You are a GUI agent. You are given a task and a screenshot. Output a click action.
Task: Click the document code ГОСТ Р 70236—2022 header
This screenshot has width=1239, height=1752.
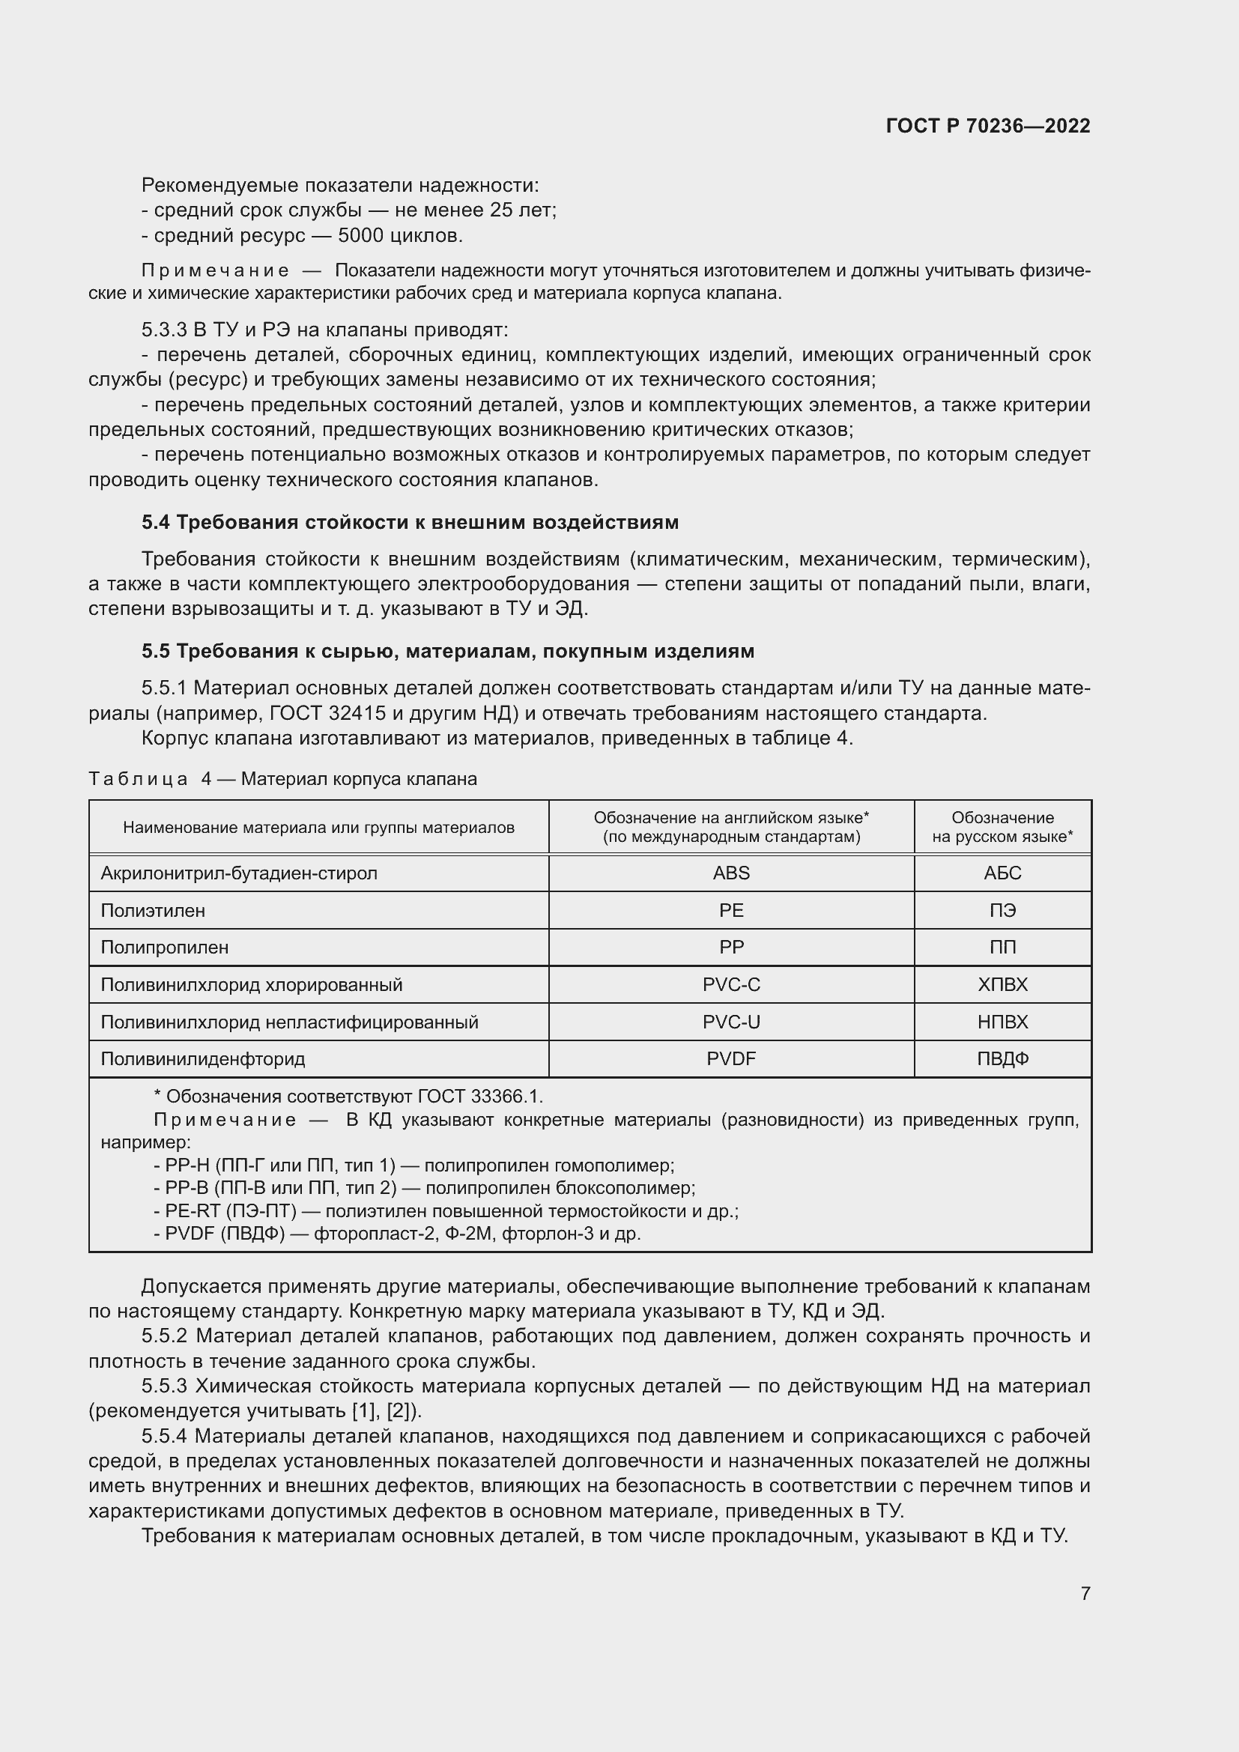(988, 126)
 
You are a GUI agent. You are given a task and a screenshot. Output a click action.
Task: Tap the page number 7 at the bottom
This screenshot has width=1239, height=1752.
(1085, 1593)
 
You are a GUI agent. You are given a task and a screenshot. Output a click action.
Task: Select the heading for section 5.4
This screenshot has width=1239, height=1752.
(410, 522)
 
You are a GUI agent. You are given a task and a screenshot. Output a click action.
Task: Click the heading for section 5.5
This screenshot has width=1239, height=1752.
(448, 651)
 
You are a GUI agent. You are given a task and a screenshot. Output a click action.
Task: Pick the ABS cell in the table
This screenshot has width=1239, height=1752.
(731, 873)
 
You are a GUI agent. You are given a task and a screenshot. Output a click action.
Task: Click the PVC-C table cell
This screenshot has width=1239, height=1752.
(731, 984)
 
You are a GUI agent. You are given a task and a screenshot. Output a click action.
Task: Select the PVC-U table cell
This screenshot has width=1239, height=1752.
(731, 1022)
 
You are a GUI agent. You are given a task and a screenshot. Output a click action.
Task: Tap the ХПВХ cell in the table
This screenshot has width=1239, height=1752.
(1002, 984)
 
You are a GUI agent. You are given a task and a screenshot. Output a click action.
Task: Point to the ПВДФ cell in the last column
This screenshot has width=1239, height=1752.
(1002, 1059)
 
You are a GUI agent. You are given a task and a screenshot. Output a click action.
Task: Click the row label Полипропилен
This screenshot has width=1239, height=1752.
(165, 947)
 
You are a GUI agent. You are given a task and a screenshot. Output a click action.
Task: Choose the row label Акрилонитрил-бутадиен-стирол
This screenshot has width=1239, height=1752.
(239, 873)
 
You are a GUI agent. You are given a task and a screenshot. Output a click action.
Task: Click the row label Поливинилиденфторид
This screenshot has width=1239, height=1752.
(203, 1059)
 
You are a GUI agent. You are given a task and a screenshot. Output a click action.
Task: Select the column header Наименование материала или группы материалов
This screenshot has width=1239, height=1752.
(319, 827)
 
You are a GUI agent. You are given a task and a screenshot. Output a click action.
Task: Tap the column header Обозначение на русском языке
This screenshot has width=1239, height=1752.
(1002, 827)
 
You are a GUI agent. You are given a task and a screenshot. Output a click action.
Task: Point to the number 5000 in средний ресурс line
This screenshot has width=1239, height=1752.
(361, 236)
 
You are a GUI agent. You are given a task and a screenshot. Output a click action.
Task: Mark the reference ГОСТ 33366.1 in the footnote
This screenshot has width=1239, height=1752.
(480, 1097)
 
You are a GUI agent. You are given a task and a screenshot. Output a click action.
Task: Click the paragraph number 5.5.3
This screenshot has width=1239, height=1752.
(165, 1386)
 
